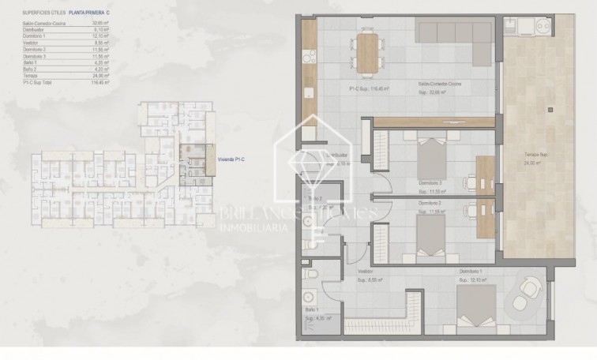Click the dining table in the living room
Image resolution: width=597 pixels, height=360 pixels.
(x=368, y=51)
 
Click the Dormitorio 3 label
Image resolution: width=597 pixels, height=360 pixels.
(x=431, y=181)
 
